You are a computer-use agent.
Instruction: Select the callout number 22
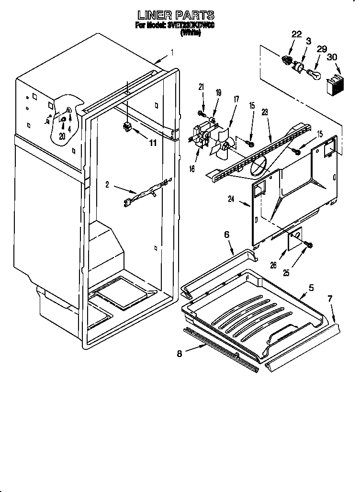coord(296,34)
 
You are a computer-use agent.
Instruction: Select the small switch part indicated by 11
coord(127,127)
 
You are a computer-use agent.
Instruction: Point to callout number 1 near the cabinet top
coord(172,53)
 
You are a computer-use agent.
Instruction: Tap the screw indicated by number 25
coord(309,245)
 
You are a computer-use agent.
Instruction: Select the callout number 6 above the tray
coord(227,235)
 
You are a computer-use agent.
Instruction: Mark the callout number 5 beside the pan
coord(311,288)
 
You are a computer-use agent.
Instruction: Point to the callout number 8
coord(180,355)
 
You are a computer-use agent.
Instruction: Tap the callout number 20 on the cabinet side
coord(62,136)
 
